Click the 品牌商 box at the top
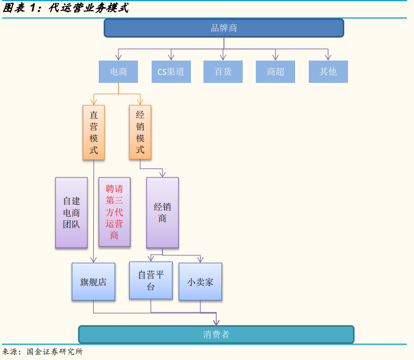click(x=224, y=28)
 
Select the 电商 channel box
click(x=118, y=71)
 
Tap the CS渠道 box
click(x=171, y=71)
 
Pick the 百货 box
click(x=223, y=71)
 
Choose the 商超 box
click(x=275, y=71)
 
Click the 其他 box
click(x=328, y=71)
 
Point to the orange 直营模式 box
click(x=94, y=133)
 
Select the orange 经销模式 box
click(x=140, y=133)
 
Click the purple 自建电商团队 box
click(x=71, y=212)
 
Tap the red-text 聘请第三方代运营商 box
click(x=115, y=212)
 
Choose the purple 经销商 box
click(x=162, y=212)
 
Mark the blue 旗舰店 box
click(x=93, y=281)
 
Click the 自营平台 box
click(x=151, y=280)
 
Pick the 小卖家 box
click(x=200, y=281)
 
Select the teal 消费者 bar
click(x=216, y=334)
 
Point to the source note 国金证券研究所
click(x=55, y=352)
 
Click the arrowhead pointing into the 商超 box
click(x=275, y=57)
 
